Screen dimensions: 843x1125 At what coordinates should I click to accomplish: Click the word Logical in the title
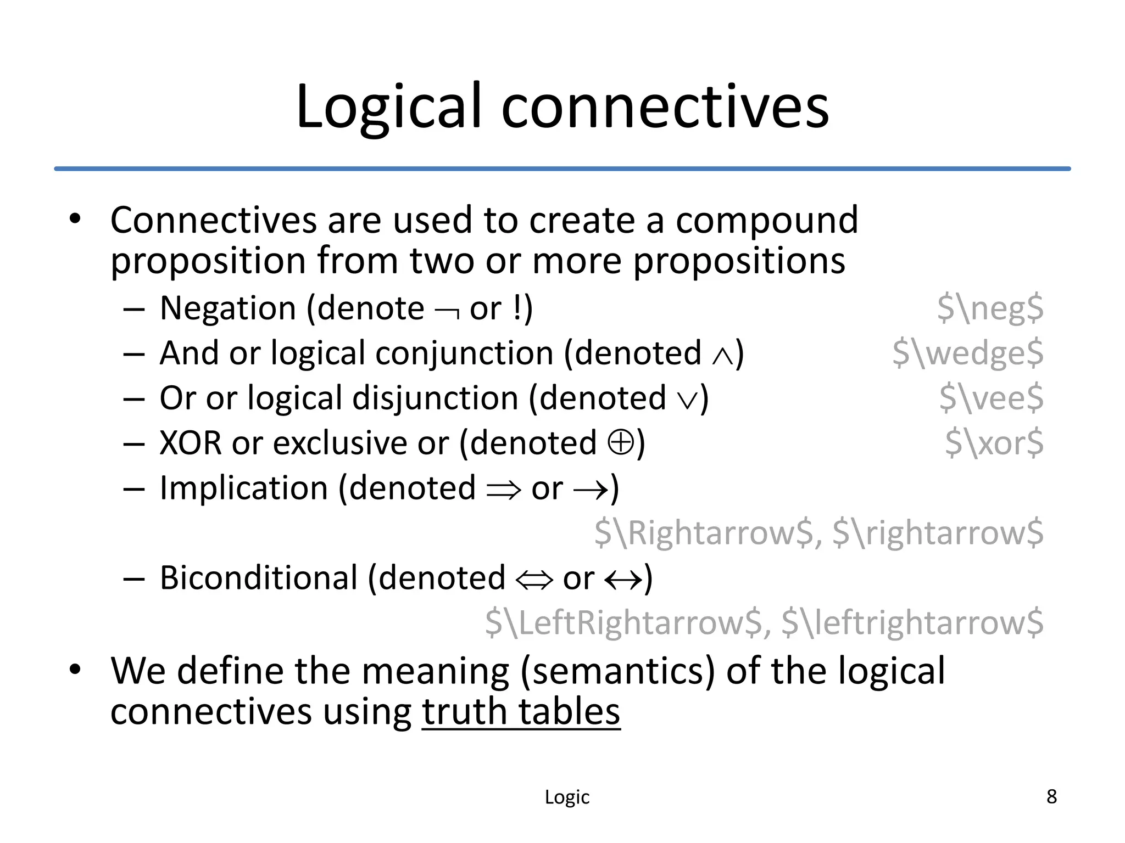coord(391,107)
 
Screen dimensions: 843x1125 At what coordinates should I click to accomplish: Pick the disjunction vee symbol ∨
coord(687,400)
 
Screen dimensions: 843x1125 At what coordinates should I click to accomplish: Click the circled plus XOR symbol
coord(621,442)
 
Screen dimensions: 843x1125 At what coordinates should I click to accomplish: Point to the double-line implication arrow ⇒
coord(503,489)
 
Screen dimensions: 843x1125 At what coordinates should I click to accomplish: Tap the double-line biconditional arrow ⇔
coord(534,580)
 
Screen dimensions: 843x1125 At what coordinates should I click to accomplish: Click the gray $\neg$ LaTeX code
coord(989,308)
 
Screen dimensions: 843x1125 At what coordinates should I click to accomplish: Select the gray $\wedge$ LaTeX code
coord(967,353)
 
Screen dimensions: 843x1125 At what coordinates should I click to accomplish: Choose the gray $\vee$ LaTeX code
coord(990,398)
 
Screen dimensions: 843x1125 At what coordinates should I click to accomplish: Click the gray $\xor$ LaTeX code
coord(994,443)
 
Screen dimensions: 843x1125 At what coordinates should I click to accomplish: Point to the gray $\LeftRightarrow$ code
coord(624,623)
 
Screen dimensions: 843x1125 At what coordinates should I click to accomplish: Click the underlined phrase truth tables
coord(521,712)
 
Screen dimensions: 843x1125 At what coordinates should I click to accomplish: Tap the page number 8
coord(1051,796)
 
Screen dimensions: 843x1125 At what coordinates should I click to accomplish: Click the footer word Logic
coord(567,797)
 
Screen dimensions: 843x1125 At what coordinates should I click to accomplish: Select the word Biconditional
coord(259,578)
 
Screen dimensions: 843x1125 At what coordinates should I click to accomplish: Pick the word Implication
coord(244,488)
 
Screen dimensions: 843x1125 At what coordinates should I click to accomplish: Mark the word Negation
coord(228,308)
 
